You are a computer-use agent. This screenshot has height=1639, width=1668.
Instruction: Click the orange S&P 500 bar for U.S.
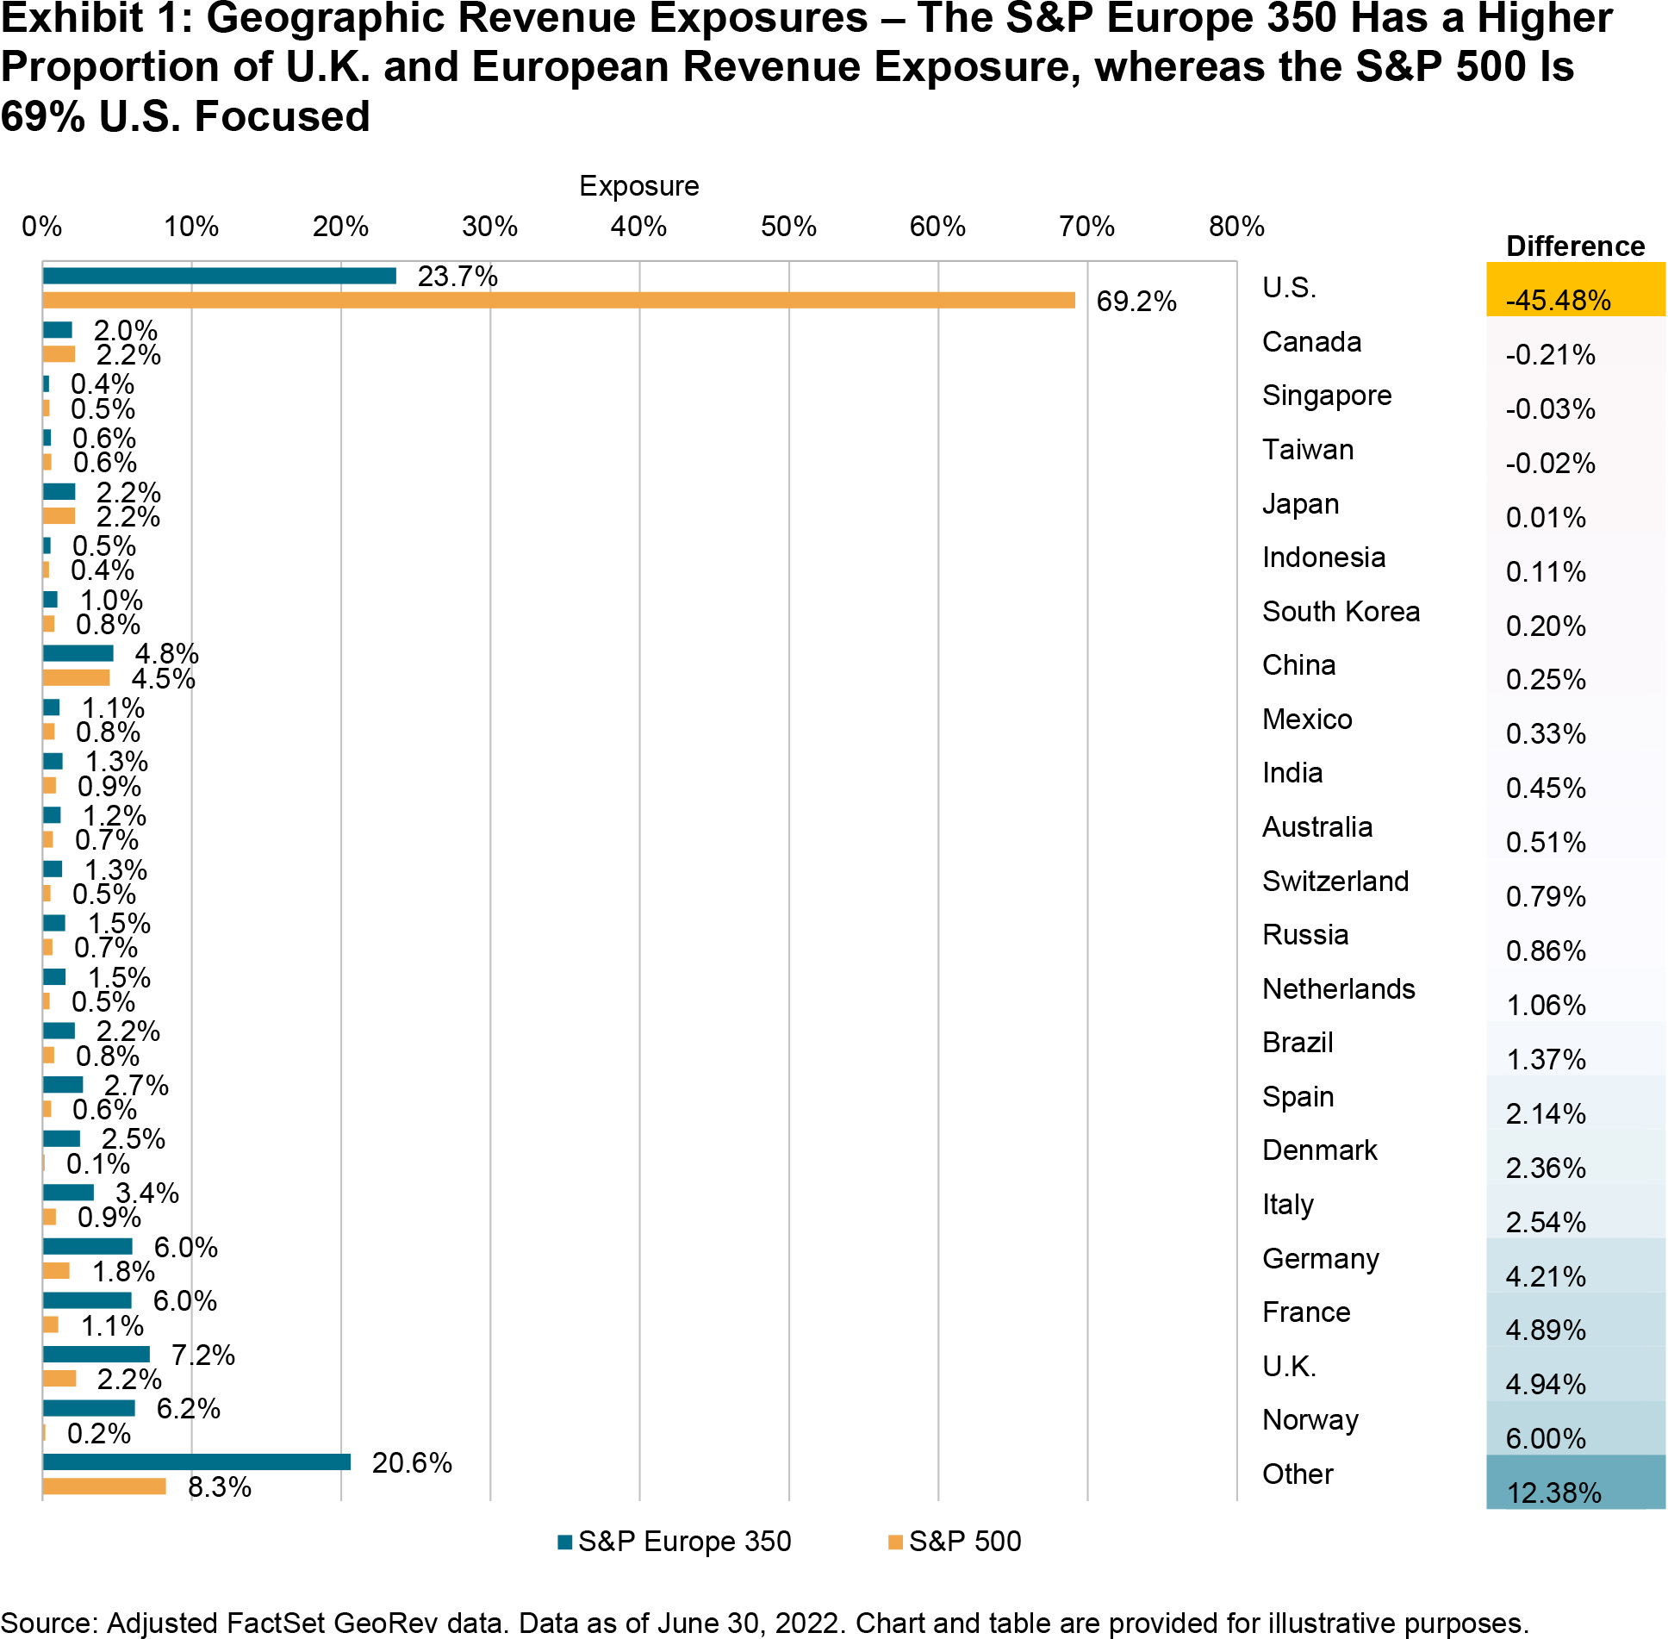(x=558, y=300)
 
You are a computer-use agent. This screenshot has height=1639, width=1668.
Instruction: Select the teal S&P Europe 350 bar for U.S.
(x=219, y=276)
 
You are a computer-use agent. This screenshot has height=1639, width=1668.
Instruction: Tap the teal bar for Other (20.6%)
(x=196, y=1461)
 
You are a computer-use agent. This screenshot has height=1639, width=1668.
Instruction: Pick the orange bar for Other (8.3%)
(x=103, y=1486)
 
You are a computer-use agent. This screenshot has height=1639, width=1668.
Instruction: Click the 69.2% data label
(x=1136, y=302)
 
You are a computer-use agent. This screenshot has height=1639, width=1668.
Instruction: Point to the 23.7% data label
(x=457, y=277)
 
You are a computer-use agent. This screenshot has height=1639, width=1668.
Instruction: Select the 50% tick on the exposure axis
(x=787, y=227)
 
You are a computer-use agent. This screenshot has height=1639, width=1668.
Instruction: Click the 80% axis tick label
(x=1235, y=227)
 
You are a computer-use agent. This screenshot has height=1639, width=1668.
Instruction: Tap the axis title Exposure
(x=638, y=186)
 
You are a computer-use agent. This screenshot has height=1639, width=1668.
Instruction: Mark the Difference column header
(x=1575, y=246)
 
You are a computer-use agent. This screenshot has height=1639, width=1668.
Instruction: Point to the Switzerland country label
(x=1335, y=881)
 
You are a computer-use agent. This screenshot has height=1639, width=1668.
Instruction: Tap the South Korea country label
(x=1340, y=611)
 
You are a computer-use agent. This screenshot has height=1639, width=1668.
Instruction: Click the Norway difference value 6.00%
(x=1546, y=1438)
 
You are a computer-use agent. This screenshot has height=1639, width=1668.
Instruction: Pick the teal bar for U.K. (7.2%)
(x=96, y=1354)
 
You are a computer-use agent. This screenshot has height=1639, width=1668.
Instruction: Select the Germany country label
(x=1320, y=1259)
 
